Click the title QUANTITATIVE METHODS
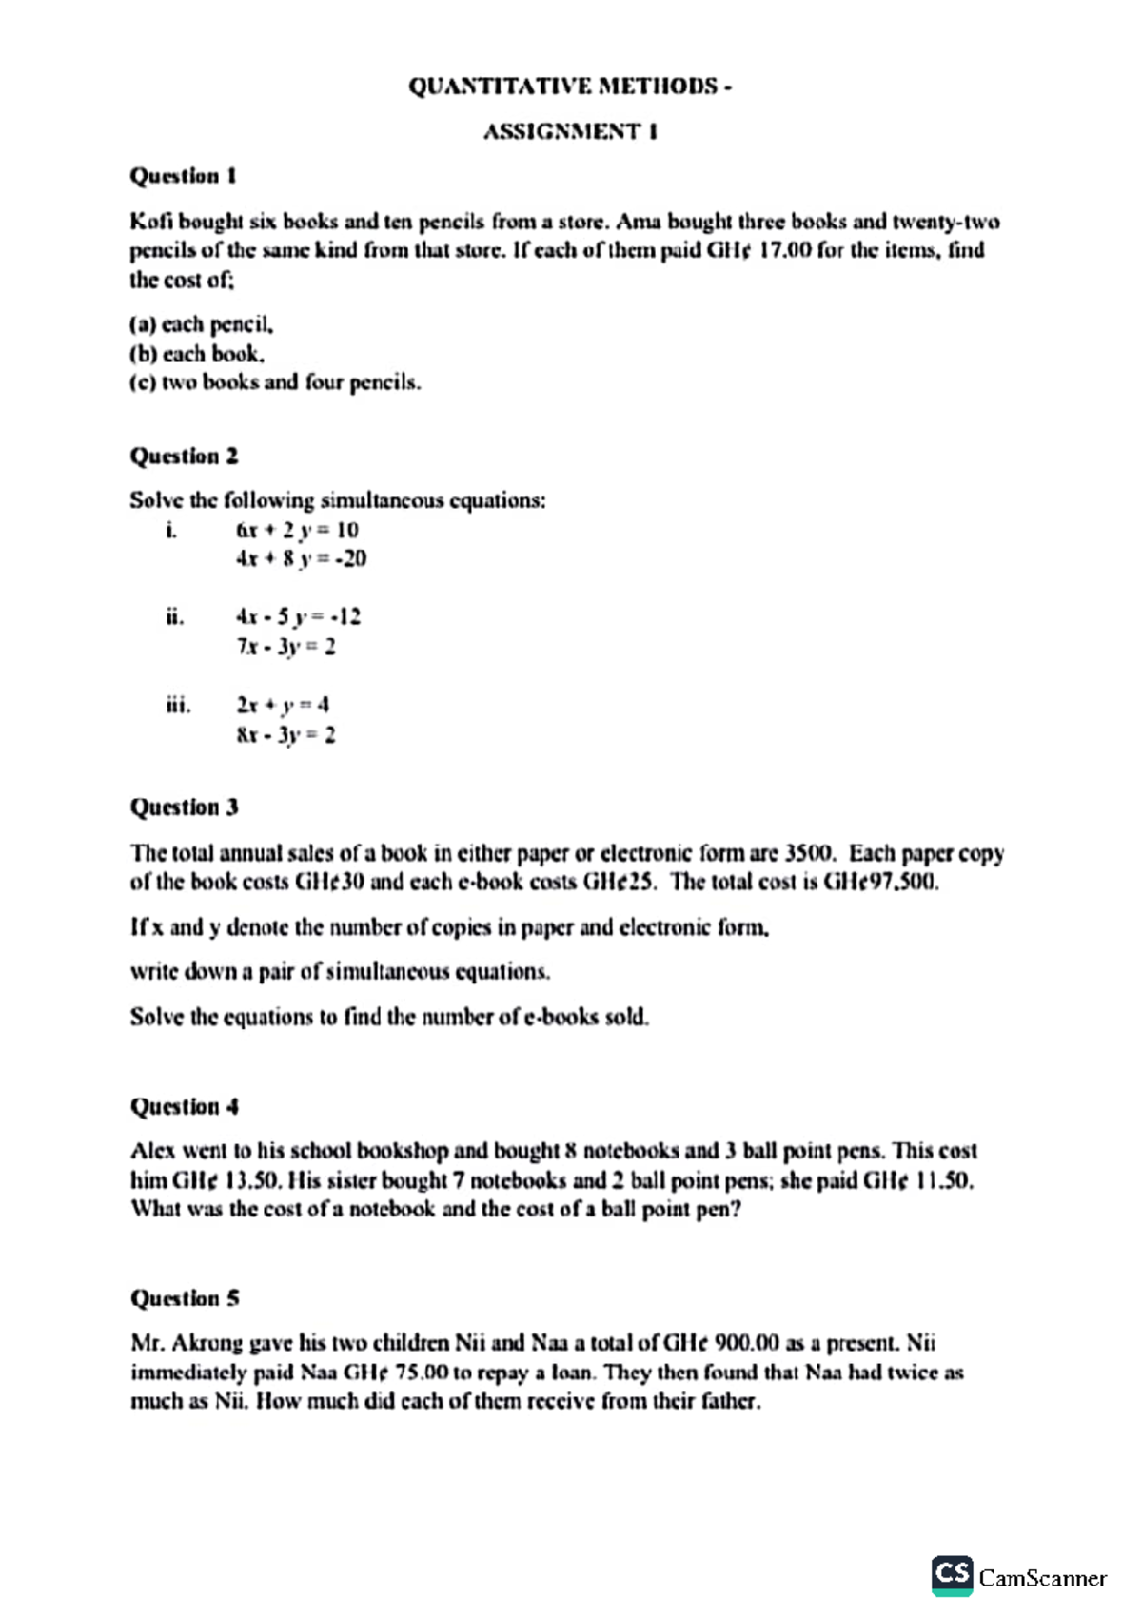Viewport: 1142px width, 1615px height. click(x=569, y=87)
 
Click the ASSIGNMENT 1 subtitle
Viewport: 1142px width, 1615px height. click(x=569, y=131)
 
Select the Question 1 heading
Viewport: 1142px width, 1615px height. click(x=183, y=176)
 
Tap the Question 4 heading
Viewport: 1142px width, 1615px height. click(x=184, y=1106)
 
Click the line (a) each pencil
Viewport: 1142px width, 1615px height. click(x=202, y=324)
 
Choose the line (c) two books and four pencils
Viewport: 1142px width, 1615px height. click(x=275, y=382)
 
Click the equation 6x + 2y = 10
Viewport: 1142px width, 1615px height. click(x=297, y=530)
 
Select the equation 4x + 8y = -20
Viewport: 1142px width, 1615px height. click(x=301, y=558)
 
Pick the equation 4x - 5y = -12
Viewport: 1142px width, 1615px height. click(x=298, y=616)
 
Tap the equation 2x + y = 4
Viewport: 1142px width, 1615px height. click(x=283, y=705)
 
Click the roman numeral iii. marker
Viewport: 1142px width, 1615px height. click(x=178, y=705)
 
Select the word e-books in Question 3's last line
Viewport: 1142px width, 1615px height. click(x=561, y=1017)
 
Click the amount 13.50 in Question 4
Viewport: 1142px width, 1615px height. click(x=253, y=1180)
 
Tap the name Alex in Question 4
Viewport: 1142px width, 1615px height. click(x=152, y=1151)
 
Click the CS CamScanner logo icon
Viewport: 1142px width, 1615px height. click(x=952, y=1574)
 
